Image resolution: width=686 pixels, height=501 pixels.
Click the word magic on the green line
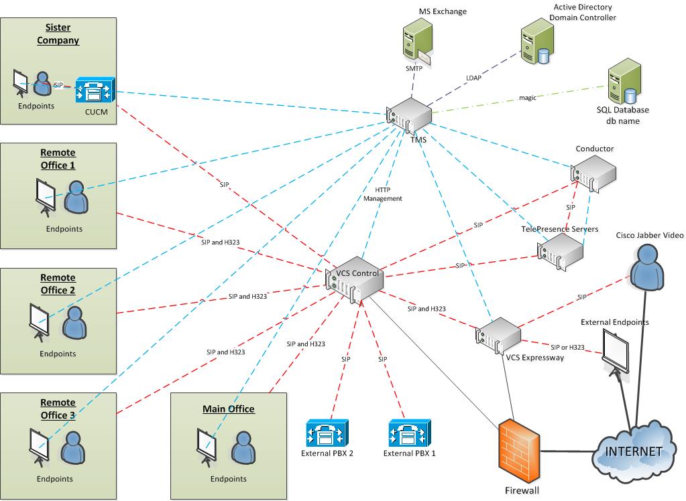coord(528,98)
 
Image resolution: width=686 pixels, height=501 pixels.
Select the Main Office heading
coord(229,409)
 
